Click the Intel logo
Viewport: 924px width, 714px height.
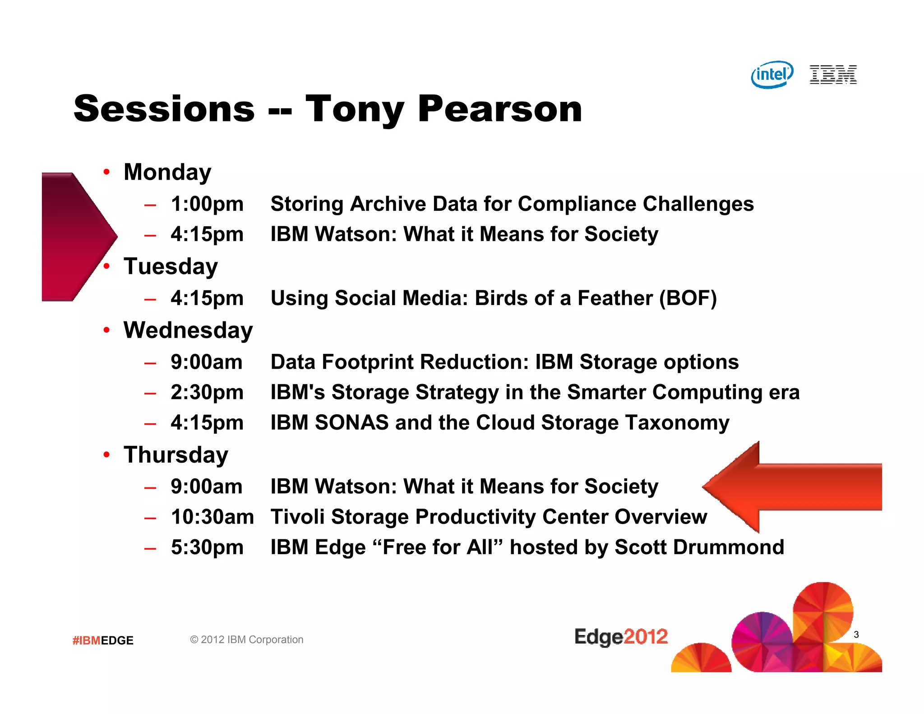coord(772,74)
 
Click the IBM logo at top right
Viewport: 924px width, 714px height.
coord(833,74)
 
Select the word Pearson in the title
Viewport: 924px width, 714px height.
coord(499,109)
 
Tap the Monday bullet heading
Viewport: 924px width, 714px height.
coord(167,172)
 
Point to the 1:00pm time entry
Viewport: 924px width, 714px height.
coord(207,204)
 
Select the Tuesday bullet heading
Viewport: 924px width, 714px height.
coord(171,266)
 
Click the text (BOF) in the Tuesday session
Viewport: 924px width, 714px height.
coord(688,298)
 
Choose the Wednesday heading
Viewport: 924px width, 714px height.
coord(188,330)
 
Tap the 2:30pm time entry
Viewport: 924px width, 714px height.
coord(207,392)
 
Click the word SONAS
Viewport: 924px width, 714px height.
coord(351,423)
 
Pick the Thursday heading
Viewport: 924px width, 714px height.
coord(176,455)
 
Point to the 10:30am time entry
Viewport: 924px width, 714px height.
coord(212,517)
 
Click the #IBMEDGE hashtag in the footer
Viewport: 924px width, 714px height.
coord(103,640)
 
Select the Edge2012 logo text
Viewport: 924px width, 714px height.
coord(621,637)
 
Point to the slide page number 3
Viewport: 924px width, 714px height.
coord(856,635)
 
